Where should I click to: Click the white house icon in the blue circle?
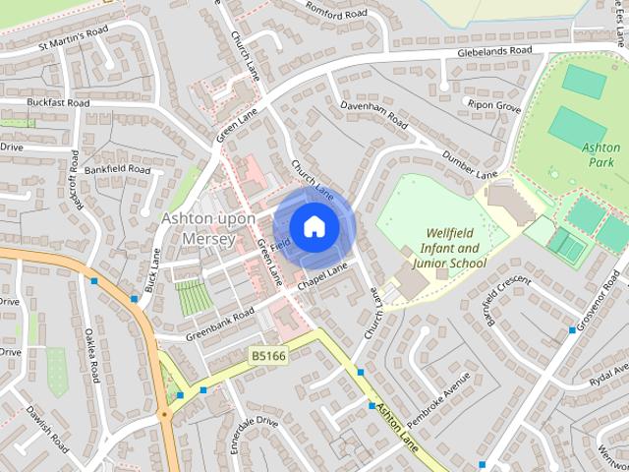(314, 227)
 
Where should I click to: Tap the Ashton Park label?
(600, 153)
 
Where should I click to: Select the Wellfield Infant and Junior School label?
(455, 249)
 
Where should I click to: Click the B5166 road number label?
(267, 355)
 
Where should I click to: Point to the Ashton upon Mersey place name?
(208, 227)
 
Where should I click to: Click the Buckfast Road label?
(58, 102)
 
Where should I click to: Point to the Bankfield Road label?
(116, 169)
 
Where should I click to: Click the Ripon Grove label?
(494, 106)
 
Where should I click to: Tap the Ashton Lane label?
(395, 428)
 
